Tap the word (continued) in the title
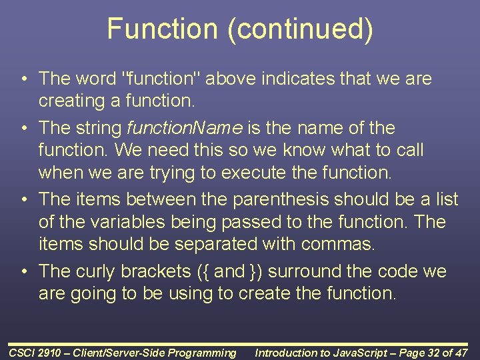pyautogui.click(x=299, y=30)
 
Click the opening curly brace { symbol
pyautogui.click(x=202, y=271)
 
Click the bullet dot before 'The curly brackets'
pyautogui.click(x=23, y=271)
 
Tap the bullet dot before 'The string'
pyautogui.click(x=23, y=127)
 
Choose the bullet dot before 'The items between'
pyautogui.click(x=23, y=199)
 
